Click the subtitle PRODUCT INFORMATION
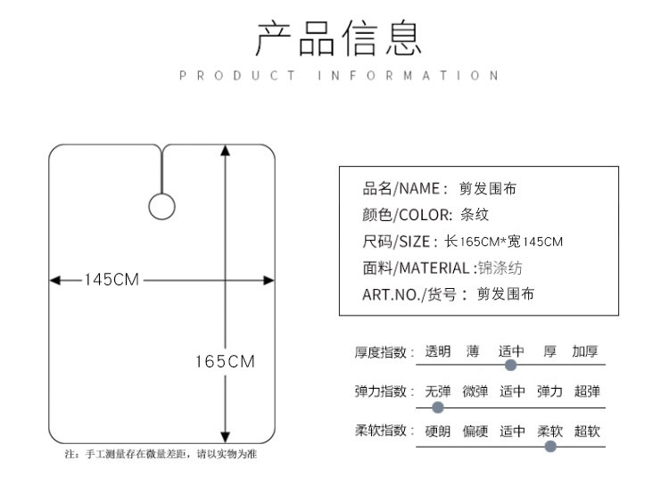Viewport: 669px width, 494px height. coord(339,76)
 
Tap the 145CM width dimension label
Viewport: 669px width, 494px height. coord(112,280)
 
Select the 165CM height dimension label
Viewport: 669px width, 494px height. coord(225,361)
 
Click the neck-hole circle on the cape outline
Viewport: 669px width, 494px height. coord(161,206)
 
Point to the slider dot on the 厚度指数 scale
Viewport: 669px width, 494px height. coord(510,365)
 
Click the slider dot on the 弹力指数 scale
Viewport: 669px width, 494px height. coord(437,407)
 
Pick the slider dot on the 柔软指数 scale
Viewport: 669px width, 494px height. coord(550,446)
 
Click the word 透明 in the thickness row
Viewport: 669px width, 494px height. coord(437,351)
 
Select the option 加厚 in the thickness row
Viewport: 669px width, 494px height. coord(585,351)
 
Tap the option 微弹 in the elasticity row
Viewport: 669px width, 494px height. coord(475,391)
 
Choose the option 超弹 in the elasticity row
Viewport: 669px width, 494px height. coord(587,391)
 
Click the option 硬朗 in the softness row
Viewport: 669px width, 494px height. coord(437,432)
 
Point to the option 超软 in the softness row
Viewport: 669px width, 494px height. coord(587,432)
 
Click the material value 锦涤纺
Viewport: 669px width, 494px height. coord(502,268)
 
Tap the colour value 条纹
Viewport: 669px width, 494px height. coord(475,215)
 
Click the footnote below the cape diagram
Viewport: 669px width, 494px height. coord(161,455)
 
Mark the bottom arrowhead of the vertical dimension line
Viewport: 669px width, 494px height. coord(224,437)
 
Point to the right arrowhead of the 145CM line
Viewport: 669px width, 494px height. coord(269,280)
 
